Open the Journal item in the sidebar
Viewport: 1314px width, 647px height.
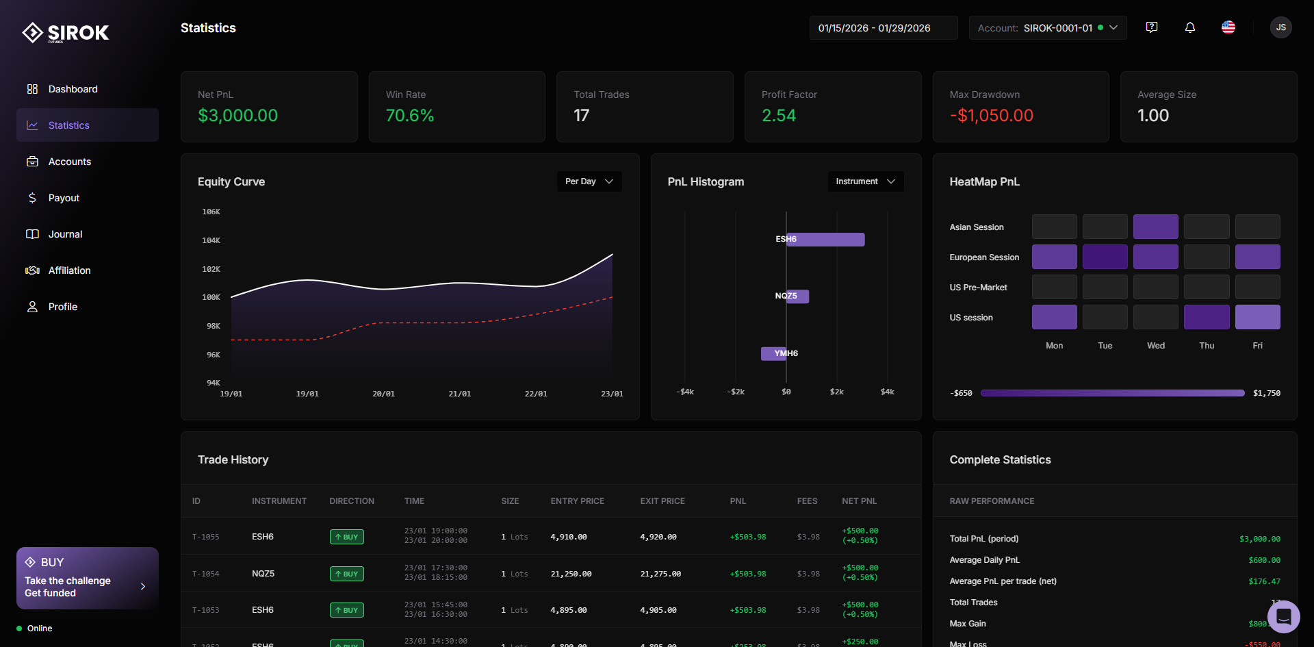[64, 234]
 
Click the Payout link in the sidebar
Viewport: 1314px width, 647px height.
[64, 198]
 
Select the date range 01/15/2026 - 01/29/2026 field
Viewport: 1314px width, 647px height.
[882, 28]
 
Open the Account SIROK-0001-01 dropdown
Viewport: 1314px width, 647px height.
[1047, 28]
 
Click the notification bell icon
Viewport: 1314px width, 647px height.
[1190, 27]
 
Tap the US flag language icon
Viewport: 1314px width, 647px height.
[1228, 27]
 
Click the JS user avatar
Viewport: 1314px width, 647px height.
[1280, 27]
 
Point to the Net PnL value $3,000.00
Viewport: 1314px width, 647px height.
[237, 116]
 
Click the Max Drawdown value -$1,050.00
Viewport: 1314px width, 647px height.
[991, 116]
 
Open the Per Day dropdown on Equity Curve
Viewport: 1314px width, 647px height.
[589, 181]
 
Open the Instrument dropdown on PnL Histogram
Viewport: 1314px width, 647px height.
[865, 181]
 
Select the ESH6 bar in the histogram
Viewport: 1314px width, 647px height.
[825, 240]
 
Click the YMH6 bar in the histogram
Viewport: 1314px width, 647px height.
[774, 353]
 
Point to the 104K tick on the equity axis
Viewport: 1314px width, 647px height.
[211, 240]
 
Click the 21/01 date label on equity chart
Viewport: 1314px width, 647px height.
[459, 394]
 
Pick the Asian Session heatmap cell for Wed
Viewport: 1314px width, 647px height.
[1155, 227]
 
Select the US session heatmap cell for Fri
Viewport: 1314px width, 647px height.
[1257, 317]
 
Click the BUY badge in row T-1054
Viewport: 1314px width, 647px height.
[346, 574]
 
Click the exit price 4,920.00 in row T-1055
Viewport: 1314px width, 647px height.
[658, 537]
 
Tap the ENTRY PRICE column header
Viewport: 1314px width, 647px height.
[577, 501]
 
